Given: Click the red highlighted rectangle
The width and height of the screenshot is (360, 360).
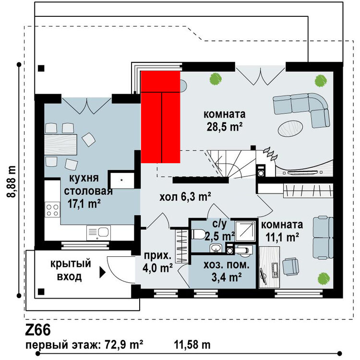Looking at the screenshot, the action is click(x=160, y=117).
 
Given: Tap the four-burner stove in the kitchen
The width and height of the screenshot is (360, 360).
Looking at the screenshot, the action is click(x=52, y=210).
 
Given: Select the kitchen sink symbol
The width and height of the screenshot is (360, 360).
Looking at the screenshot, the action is click(x=98, y=233).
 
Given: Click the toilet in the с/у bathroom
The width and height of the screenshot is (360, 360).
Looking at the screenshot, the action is click(x=198, y=234).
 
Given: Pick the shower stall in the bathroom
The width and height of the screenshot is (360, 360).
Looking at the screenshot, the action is click(x=245, y=231).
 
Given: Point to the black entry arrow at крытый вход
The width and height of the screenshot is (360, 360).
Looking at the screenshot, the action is click(x=102, y=273).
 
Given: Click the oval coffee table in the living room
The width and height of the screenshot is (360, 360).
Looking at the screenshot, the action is click(x=290, y=128).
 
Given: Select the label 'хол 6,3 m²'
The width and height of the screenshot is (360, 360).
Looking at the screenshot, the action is click(x=185, y=196).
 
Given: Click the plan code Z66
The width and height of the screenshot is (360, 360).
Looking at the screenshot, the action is click(x=38, y=330).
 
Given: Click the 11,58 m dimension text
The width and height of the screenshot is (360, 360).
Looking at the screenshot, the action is click(x=192, y=345).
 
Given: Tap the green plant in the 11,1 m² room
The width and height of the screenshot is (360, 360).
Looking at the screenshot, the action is click(x=324, y=279).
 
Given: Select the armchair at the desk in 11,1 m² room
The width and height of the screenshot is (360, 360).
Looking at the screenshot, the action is click(x=291, y=266).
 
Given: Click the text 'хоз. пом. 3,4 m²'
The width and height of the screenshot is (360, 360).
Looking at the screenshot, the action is click(x=227, y=271).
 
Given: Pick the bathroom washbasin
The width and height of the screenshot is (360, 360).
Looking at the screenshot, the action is click(x=216, y=248).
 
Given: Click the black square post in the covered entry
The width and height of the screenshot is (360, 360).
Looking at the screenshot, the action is click(x=41, y=291).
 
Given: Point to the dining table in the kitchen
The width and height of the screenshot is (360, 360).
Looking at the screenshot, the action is click(x=60, y=144).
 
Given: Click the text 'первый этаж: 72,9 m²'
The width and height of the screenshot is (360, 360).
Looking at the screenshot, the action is click(x=84, y=345).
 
